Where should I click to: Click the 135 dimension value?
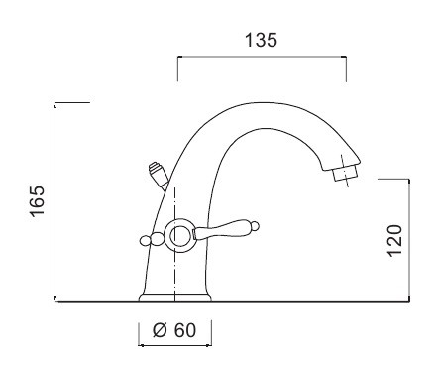(261, 40)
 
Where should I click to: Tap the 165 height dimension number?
(37, 200)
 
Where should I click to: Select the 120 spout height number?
(394, 240)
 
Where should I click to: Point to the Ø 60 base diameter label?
(174, 330)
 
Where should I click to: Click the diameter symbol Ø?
(160, 330)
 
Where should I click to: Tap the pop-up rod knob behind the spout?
(159, 174)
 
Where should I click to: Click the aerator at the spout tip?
(345, 173)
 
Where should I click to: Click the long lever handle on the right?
(224, 229)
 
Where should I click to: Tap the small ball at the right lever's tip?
(255, 226)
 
